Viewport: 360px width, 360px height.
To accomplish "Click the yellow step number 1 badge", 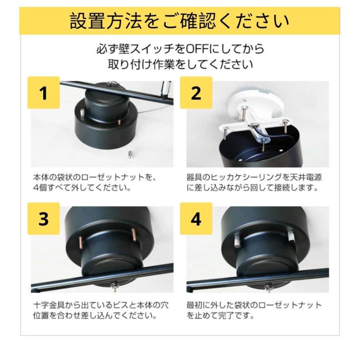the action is [x=44, y=92].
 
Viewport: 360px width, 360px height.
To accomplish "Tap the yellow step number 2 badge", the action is [x=196, y=92].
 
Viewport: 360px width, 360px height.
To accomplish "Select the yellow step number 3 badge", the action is [x=44, y=218].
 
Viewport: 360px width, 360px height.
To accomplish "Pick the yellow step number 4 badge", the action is [x=196, y=218].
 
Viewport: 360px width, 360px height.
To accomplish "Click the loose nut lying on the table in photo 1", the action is [x=130, y=154].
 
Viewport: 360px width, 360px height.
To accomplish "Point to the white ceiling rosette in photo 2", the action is [x=255, y=106].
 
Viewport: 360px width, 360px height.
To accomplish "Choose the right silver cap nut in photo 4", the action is [x=291, y=236].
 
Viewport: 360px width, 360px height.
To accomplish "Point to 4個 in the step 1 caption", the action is [x=40, y=188].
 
